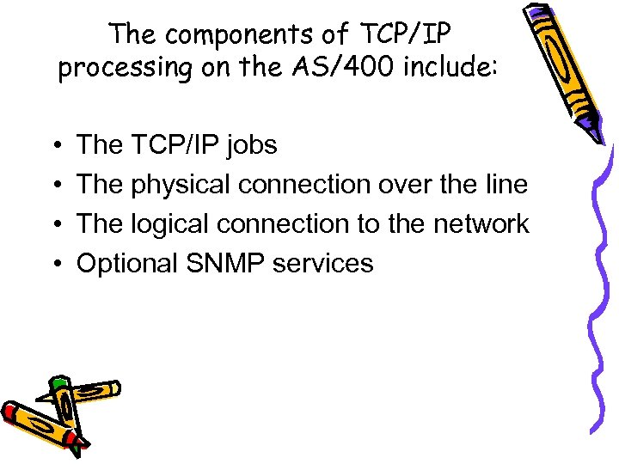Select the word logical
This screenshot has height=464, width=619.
169,224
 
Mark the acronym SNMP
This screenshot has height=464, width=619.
227,262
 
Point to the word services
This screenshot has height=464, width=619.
323,262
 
